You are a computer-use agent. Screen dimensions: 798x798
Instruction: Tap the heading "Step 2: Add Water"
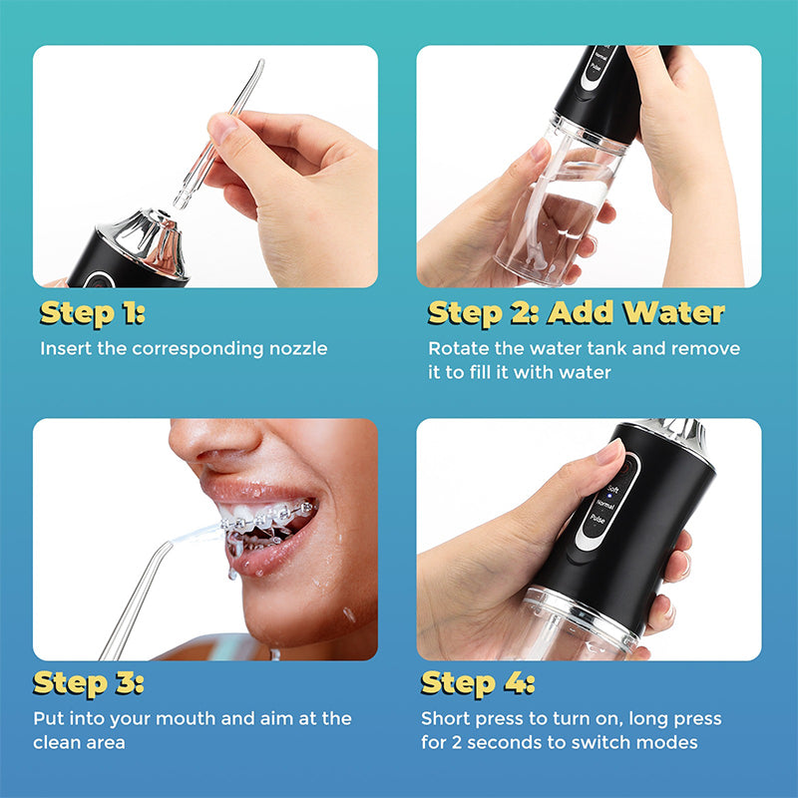coord(576,313)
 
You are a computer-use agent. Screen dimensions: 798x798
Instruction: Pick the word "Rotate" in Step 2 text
coord(457,349)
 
